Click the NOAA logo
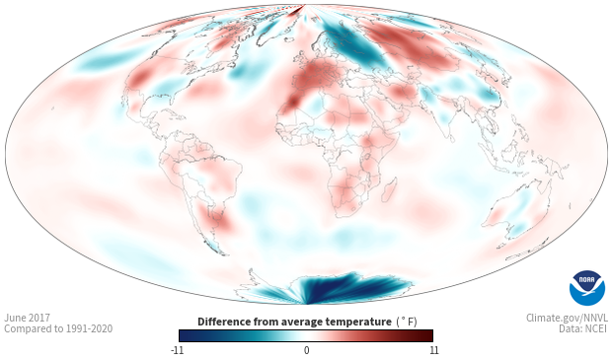point(587,288)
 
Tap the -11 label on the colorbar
point(178,350)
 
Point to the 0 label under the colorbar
point(306,350)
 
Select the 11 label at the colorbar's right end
point(434,350)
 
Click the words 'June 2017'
point(27,318)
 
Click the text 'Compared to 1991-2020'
point(58,328)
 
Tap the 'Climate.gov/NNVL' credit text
point(567,318)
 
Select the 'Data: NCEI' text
point(583,328)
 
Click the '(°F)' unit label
point(407,323)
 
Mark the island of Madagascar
point(389,189)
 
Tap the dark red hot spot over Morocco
point(291,103)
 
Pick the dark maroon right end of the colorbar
point(426,335)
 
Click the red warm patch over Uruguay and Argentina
point(215,217)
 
